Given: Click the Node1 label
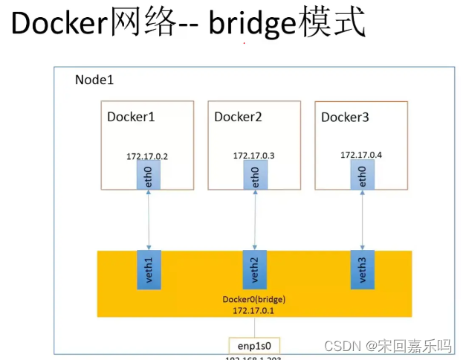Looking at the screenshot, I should [x=94, y=80].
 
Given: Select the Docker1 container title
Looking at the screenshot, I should [x=132, y=117].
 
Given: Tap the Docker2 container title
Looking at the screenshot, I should [x=238, y=117].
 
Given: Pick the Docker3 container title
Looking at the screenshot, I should [x=345, y=118].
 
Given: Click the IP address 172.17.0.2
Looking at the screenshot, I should [x=148, y=156].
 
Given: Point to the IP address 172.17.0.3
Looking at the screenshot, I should [x=254, y=155].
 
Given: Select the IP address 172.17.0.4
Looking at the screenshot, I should [x=362, y=155].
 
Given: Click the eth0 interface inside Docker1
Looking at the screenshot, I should [x=149, y=176].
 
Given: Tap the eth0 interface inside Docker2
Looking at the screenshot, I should [x=255, y=175].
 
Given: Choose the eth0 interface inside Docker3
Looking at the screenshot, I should [x=363, y=175].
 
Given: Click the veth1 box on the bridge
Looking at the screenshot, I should [x=149, y=270].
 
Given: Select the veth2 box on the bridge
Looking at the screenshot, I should [x=255, y=270].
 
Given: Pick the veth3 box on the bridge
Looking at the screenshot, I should [x=363, y=270].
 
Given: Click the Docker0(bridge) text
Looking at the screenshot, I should [x=254, y=299].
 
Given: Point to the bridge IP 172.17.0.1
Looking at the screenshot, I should [x=254, y=310].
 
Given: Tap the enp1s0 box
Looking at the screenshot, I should [x=254, y=347].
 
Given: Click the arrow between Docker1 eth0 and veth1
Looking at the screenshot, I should [x=149, y=220].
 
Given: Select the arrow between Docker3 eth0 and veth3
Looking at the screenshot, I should [x=363, y=220].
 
